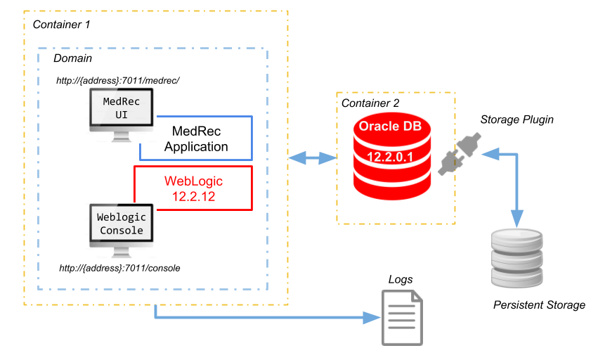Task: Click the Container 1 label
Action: pos(63,24)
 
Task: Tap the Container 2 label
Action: pos(370,103)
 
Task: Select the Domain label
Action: pos(72,58)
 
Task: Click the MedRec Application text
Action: pos(196,139)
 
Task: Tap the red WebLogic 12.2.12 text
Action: pos(193,188)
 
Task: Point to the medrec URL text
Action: pos(118,80)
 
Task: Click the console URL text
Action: pos(120,268)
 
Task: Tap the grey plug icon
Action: pos(456,154)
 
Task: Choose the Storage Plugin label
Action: pos(516,120)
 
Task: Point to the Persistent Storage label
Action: pos(539,305)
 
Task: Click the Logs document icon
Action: pos(402,318)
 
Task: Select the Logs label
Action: pos(401,279)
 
